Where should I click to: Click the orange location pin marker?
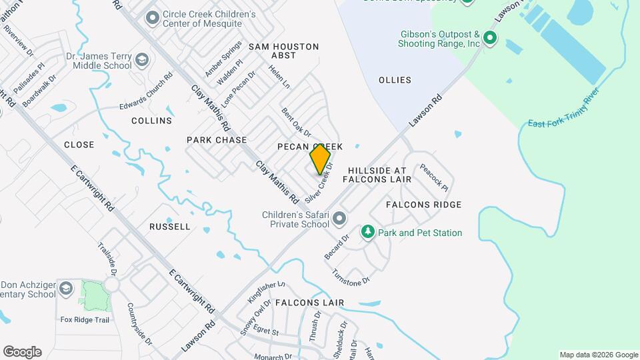(320, 159)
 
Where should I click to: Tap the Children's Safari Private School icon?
(339, 219)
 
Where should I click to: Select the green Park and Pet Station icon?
(367, 232)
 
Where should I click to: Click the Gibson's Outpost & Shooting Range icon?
(491, 38)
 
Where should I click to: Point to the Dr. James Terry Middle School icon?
(141, 61)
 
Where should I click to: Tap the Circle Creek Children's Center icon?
(152, 18)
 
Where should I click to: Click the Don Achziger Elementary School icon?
(65, 289)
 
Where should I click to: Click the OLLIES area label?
(395, 80)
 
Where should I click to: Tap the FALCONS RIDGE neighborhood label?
(423, 205)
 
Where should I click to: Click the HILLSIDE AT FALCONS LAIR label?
(377, 175)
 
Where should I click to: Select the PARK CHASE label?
(217, 140)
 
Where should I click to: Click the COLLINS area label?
(151, 121)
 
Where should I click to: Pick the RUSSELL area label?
(170, 227)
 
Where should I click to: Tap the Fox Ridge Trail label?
(85, 320)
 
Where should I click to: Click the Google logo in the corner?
(22, 351)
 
